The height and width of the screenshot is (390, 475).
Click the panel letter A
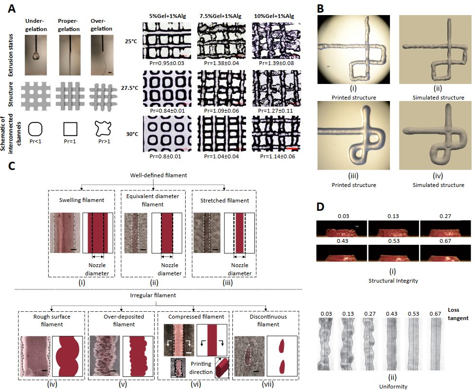coord(12,8)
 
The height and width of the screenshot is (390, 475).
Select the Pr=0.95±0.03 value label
coord(167,63)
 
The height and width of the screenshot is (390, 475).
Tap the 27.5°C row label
coord(129,88)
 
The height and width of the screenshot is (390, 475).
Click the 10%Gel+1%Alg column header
coord(274,16)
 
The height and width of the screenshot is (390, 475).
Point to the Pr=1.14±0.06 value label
coord(278,156)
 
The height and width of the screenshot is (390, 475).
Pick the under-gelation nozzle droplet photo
coord(36,55)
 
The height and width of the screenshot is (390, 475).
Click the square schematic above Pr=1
coord(70,129)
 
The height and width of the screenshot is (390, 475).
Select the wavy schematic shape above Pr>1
coord(103,129)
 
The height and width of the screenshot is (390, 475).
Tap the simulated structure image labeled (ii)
coord(435,50)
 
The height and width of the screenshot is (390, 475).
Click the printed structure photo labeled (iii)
coord(353,136)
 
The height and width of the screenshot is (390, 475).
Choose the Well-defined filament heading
coord(158,175)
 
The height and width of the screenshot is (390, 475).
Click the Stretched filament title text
coord(225,201)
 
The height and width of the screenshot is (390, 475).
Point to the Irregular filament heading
coord(153,295)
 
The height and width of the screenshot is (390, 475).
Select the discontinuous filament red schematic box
coord(281,356)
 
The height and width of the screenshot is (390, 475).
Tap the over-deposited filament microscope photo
coord(105,356)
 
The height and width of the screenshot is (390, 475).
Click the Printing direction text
coord(201,368)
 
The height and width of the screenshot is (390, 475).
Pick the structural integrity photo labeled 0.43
coord(341,253)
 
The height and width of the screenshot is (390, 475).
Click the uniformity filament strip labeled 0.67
coord(435,344)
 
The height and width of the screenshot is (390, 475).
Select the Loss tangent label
coord(458,314)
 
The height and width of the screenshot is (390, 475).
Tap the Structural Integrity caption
coord(393,281)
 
